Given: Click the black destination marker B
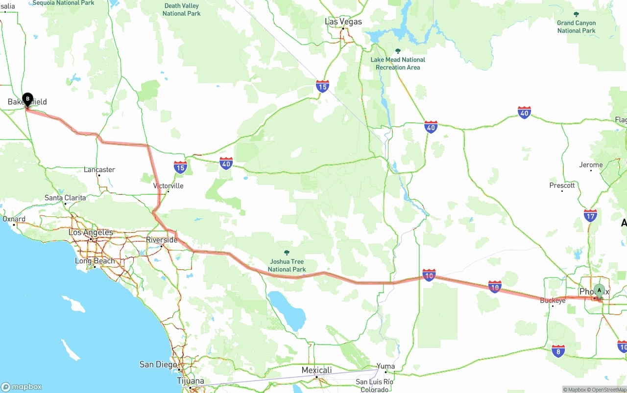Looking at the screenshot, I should (28, 99).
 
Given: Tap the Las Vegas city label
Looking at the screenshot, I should (343, 22).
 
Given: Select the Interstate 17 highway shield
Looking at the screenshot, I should (590, 215).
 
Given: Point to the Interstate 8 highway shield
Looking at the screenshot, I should (558, 350).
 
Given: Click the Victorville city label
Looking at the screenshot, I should (168, 186).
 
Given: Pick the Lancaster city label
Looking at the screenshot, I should (99, 170).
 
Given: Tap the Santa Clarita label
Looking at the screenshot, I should (65, 198).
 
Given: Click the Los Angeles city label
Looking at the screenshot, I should (91, 232).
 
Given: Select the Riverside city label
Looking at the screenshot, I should (162, 240).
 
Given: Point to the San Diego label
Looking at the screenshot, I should (158, 364).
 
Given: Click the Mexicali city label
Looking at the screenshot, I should (316, 370).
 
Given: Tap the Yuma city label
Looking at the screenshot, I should (385, 366).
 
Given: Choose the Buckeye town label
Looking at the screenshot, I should (553, 301).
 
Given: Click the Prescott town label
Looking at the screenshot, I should (562, 185).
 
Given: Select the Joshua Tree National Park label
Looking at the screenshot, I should (287, 265).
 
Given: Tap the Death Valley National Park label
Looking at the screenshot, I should (182, 10).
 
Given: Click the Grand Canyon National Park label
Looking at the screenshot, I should (576, 26).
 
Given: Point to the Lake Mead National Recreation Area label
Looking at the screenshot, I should (398, 63).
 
